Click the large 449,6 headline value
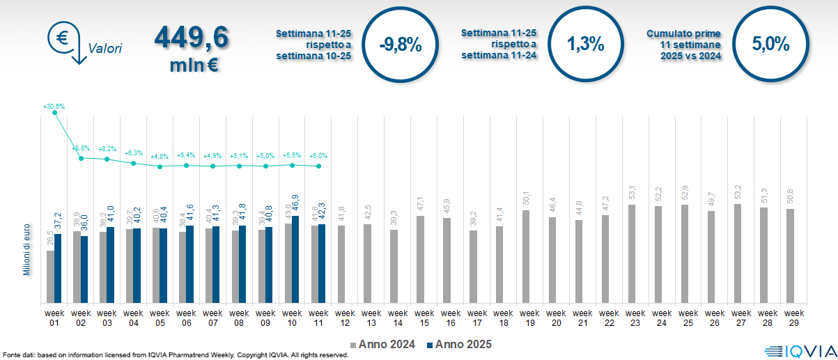tap(191, 38)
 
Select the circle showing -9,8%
tap(401, 45)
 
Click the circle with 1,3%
tap(585, 45)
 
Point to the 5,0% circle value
tap(770, 45)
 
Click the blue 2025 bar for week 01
tap(58, 268)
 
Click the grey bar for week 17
tap(473, 266)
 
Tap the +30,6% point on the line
tap(55, 113)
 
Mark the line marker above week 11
tap(318, 166)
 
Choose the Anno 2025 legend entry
tap(460, 345)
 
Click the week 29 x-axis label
tap(794, 318)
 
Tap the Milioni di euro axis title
tap(26, 249)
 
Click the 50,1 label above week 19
tap(527, 198)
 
